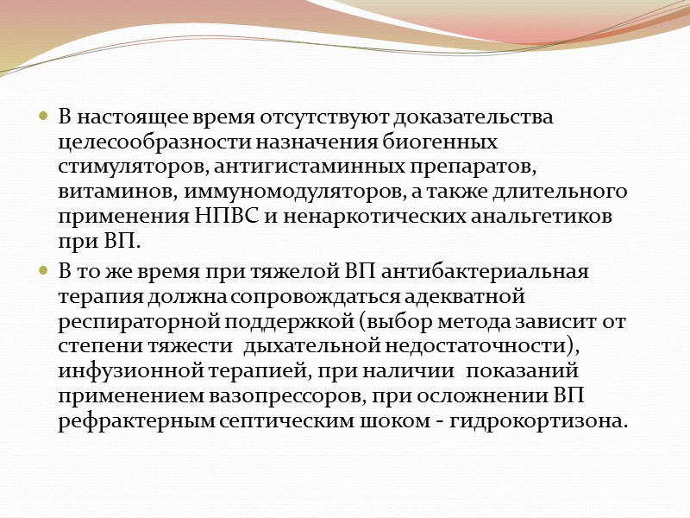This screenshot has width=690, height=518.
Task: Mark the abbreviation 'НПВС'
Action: [x=247, y=216]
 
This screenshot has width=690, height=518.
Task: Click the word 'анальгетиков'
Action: [x=543, y=216]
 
